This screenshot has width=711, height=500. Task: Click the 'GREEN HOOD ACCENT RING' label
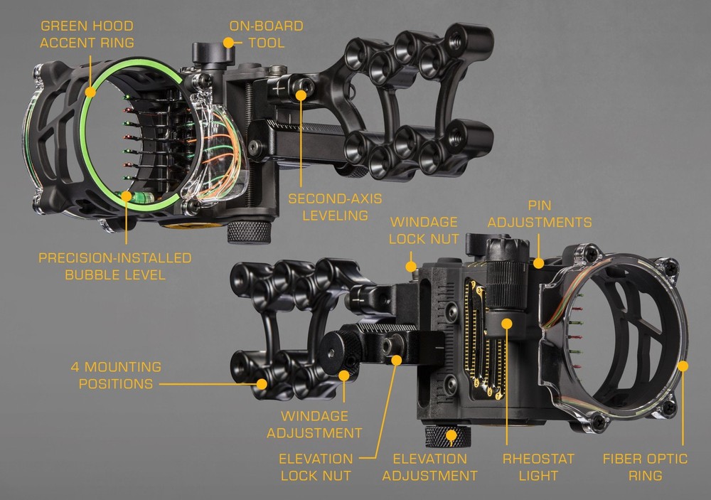(x=86, y=34)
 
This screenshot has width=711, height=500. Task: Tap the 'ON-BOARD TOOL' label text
(x=266, y=34)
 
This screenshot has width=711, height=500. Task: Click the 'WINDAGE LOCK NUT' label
(x=423, y=230)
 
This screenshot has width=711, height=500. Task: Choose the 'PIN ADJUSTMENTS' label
(x=538, y=214)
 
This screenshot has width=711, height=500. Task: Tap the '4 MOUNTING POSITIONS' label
(x=115, y=376)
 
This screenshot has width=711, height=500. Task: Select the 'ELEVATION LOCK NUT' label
(x=316, y=467)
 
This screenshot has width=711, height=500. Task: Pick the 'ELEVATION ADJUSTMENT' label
(x=429, y=467)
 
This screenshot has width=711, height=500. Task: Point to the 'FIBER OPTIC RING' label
(x=645, y=467)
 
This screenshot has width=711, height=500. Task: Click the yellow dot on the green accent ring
(x=91, y=92)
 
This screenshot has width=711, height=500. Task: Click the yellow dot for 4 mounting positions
(x=262, y=384)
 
